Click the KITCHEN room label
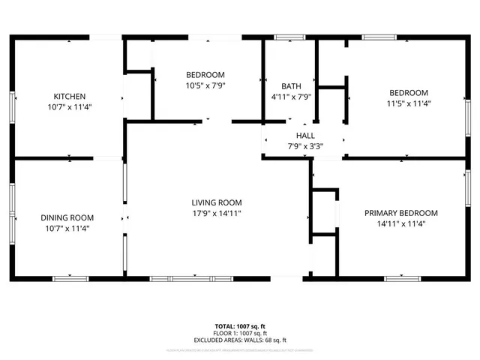click(69, 96)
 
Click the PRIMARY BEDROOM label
click(401, 213)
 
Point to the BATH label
click(291, 85)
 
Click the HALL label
click(304, 136)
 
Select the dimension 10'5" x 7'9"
click(205, 85)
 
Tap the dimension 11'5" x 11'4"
click(408, 103)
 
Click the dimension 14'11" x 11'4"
click(401, 223)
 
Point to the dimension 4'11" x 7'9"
click(291, 96)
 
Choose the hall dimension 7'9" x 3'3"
click(304, 146)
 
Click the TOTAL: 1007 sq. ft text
click(239, 326)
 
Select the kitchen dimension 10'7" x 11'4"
click(69, 106)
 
